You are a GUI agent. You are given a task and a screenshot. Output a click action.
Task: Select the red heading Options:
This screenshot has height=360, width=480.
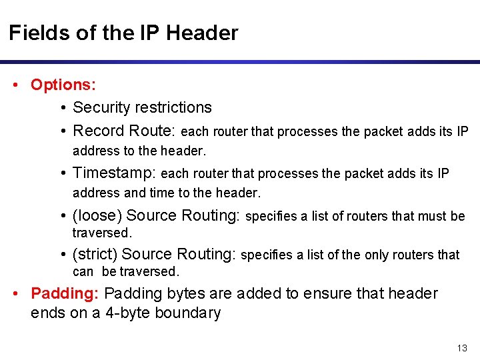(x=63, y=85)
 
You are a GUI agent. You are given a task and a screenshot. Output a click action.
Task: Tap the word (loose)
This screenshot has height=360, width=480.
(x=97, y=215)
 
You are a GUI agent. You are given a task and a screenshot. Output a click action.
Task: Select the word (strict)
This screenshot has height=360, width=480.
(x=95, y=254)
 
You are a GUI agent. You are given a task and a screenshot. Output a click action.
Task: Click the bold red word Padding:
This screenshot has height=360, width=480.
(x=65, y=293)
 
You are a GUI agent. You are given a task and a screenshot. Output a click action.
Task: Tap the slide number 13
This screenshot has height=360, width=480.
(x=462, y=348)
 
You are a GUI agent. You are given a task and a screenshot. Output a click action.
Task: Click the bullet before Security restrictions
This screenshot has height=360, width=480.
(x=62, y=108)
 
